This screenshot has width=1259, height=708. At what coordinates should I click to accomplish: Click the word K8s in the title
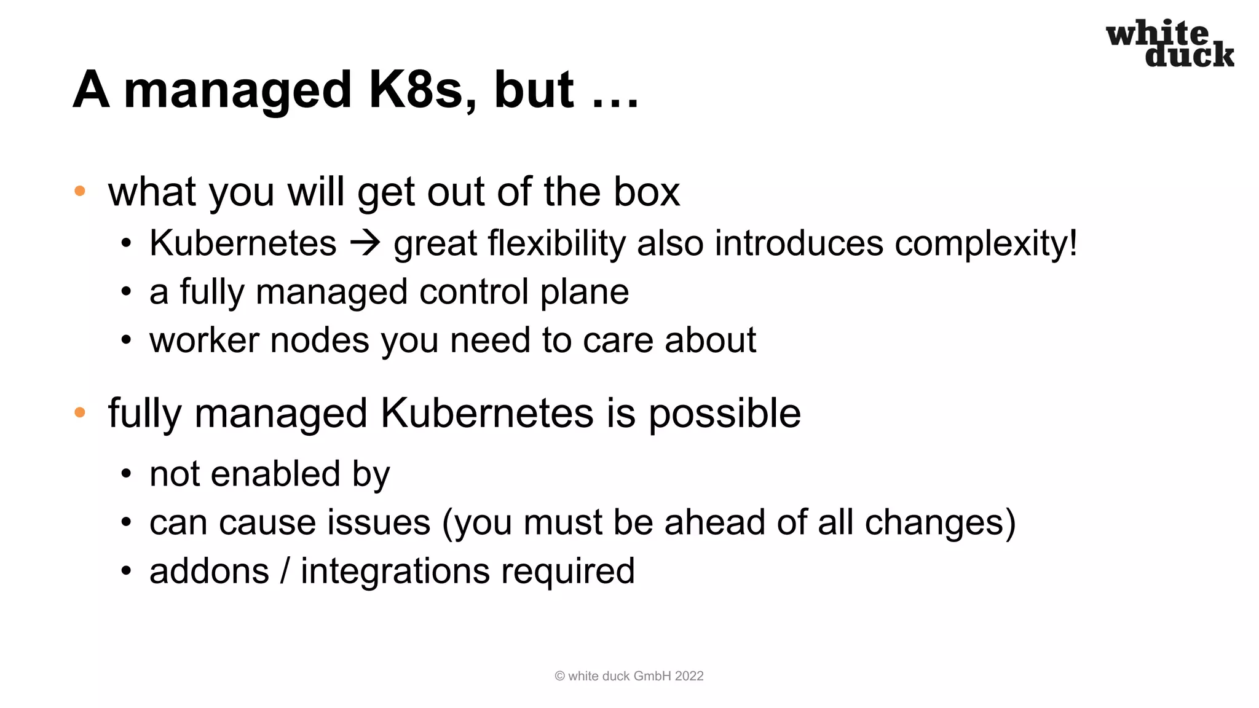414,90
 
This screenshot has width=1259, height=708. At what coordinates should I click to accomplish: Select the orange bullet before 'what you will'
80,191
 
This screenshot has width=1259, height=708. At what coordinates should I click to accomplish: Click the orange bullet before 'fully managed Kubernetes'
80,412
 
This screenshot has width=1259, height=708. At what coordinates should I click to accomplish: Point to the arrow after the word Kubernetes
365,243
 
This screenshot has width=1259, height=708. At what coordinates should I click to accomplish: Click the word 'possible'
725,414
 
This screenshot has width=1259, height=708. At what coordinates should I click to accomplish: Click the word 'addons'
209,571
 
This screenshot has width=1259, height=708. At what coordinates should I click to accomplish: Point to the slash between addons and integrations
285,571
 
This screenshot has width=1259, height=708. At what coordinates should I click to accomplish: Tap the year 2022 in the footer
689,676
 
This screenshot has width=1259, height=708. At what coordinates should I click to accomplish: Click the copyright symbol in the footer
559,676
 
